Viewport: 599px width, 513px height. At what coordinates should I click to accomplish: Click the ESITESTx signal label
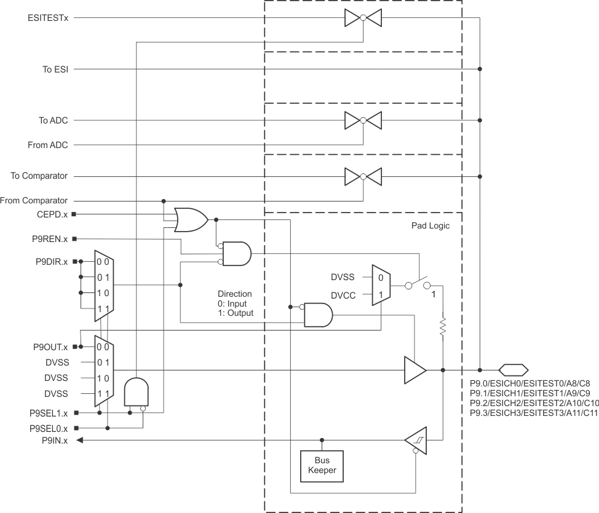click(x=48, y=18)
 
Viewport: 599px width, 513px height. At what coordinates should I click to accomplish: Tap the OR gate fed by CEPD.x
click(x=191, y=219)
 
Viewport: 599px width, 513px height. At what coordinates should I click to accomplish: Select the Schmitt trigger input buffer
click(x=416, y=440)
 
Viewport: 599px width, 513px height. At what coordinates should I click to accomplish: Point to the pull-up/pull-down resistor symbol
click(x=442, y=327)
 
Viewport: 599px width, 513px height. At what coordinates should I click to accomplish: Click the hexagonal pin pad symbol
click(x=513, y=370)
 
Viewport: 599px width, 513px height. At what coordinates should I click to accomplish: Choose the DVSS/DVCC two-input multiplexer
click(x=381, y=286)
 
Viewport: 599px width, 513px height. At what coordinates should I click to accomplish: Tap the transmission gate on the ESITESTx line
click(x=363, y=18)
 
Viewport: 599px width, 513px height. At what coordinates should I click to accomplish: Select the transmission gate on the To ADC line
click(x=363, y=120)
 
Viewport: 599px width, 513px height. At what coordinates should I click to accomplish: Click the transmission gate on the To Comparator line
click(x=363, y=176)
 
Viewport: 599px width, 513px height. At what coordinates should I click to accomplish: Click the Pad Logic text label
click(x=430, y=226)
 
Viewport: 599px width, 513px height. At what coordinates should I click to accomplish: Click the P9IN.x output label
click(x=55, y=440)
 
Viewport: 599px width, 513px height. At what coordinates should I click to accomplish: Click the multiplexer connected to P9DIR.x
click(x=102, y=286)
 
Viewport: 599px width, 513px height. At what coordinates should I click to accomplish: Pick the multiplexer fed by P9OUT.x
click(x=102, y=370)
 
